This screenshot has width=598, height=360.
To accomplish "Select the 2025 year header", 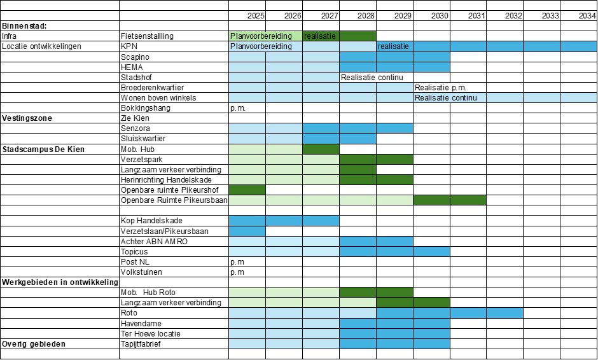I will click(256, 15).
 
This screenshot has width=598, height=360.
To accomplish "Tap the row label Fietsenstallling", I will click(146, 36).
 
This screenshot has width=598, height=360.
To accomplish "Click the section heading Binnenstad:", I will click(25, 26).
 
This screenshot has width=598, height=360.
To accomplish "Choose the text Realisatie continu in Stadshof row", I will click(372, 78).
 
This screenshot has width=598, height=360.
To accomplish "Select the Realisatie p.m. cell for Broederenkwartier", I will click(442, 88).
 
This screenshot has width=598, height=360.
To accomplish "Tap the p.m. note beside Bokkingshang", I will click(237, 108).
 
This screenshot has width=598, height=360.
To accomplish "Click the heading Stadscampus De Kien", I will click(44, 149).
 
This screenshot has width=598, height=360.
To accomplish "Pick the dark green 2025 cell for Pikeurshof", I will click(247, 190).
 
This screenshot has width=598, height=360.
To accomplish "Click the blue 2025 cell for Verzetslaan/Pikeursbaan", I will click(247, 232).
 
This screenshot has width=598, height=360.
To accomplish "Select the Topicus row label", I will click(134, 252).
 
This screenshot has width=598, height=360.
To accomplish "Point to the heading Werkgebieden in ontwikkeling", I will click(60, 282).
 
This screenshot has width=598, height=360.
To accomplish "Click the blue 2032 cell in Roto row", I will click(504, 313).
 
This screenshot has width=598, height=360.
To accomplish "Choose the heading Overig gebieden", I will click(34, 344).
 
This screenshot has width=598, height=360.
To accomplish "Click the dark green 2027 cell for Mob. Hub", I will click(321, 149).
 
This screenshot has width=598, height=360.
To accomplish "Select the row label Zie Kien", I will click(135, 118).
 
